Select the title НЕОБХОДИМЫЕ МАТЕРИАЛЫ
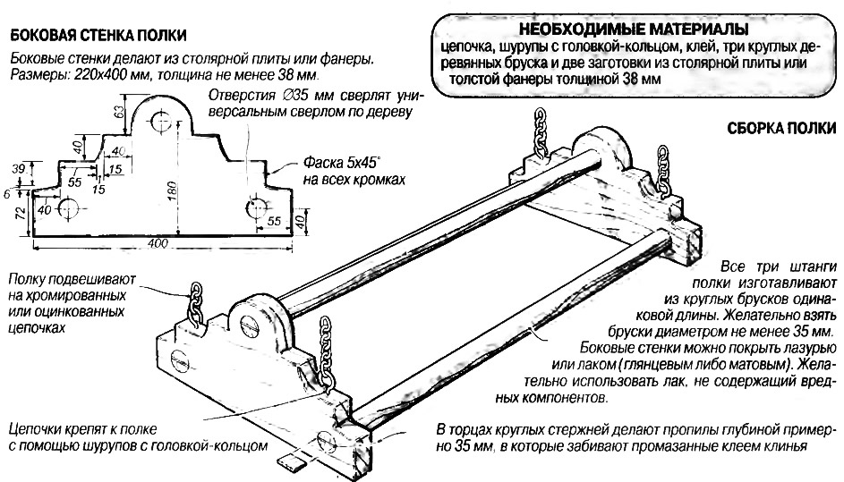point(618,28)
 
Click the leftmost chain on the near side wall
point(199,305)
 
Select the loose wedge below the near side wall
point(291,461)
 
